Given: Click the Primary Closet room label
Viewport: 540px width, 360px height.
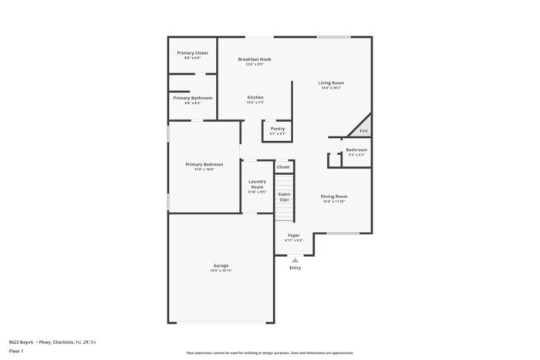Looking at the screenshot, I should click(x=193, y=52).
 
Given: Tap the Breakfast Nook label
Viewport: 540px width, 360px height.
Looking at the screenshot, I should click(x=255, y=59).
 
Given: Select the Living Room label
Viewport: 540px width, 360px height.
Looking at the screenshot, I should click(x=332, y=82).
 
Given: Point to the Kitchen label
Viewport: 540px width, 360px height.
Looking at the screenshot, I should click(x=255, y=97).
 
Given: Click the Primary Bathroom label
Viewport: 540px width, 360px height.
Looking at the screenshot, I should click(x=193, y=98).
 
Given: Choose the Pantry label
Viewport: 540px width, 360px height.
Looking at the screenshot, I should click(x=278, y=128).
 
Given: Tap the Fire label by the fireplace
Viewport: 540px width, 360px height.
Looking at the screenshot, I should click(x=364, y=131).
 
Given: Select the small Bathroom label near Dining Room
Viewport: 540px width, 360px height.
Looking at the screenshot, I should click(x=356, y=150).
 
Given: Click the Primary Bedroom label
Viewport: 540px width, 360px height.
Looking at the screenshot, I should click(x=204, y=163).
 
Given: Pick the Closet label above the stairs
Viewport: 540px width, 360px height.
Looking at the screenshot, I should click(x=283, y=167).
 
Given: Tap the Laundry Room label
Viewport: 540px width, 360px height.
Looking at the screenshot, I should click(x=257, y=184).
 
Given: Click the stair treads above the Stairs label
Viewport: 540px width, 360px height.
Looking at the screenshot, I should click(x=284, y=183).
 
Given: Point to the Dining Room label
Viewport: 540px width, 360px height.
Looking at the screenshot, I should click(x=334, y=196).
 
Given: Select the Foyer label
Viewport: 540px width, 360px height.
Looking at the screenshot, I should click(x=294, y=234).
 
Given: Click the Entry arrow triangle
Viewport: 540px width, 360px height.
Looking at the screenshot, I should click(x=295, y=260).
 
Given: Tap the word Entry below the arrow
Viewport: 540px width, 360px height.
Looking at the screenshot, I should click(x=295, y=267).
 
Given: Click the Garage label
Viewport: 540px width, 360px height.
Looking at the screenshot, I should click(x=221, y=265).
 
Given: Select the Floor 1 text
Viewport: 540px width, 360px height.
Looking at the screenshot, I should click(x=17, y=351).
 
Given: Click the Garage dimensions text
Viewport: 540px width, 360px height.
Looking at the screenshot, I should click(x=221, y=271).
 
